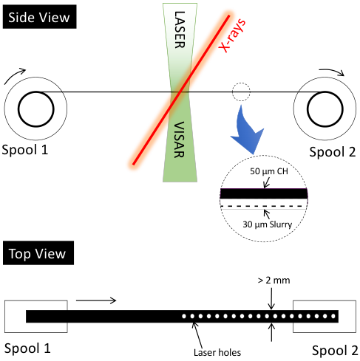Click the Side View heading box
[39, 17]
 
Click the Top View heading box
[38, 253]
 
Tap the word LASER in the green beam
[180, 30]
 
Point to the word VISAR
[179, 140]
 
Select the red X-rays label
[232, 35]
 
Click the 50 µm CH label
[269, 171]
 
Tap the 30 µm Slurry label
[268, 224]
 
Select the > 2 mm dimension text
[274, 281]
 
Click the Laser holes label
[217, 353]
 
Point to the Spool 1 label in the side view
[24, 150]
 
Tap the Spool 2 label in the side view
[333, 152]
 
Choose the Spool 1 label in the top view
[27, 348]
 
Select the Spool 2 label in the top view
[335, 351]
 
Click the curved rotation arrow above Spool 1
[13, 75]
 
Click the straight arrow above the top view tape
[96, 300]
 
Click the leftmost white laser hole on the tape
[184, 316]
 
